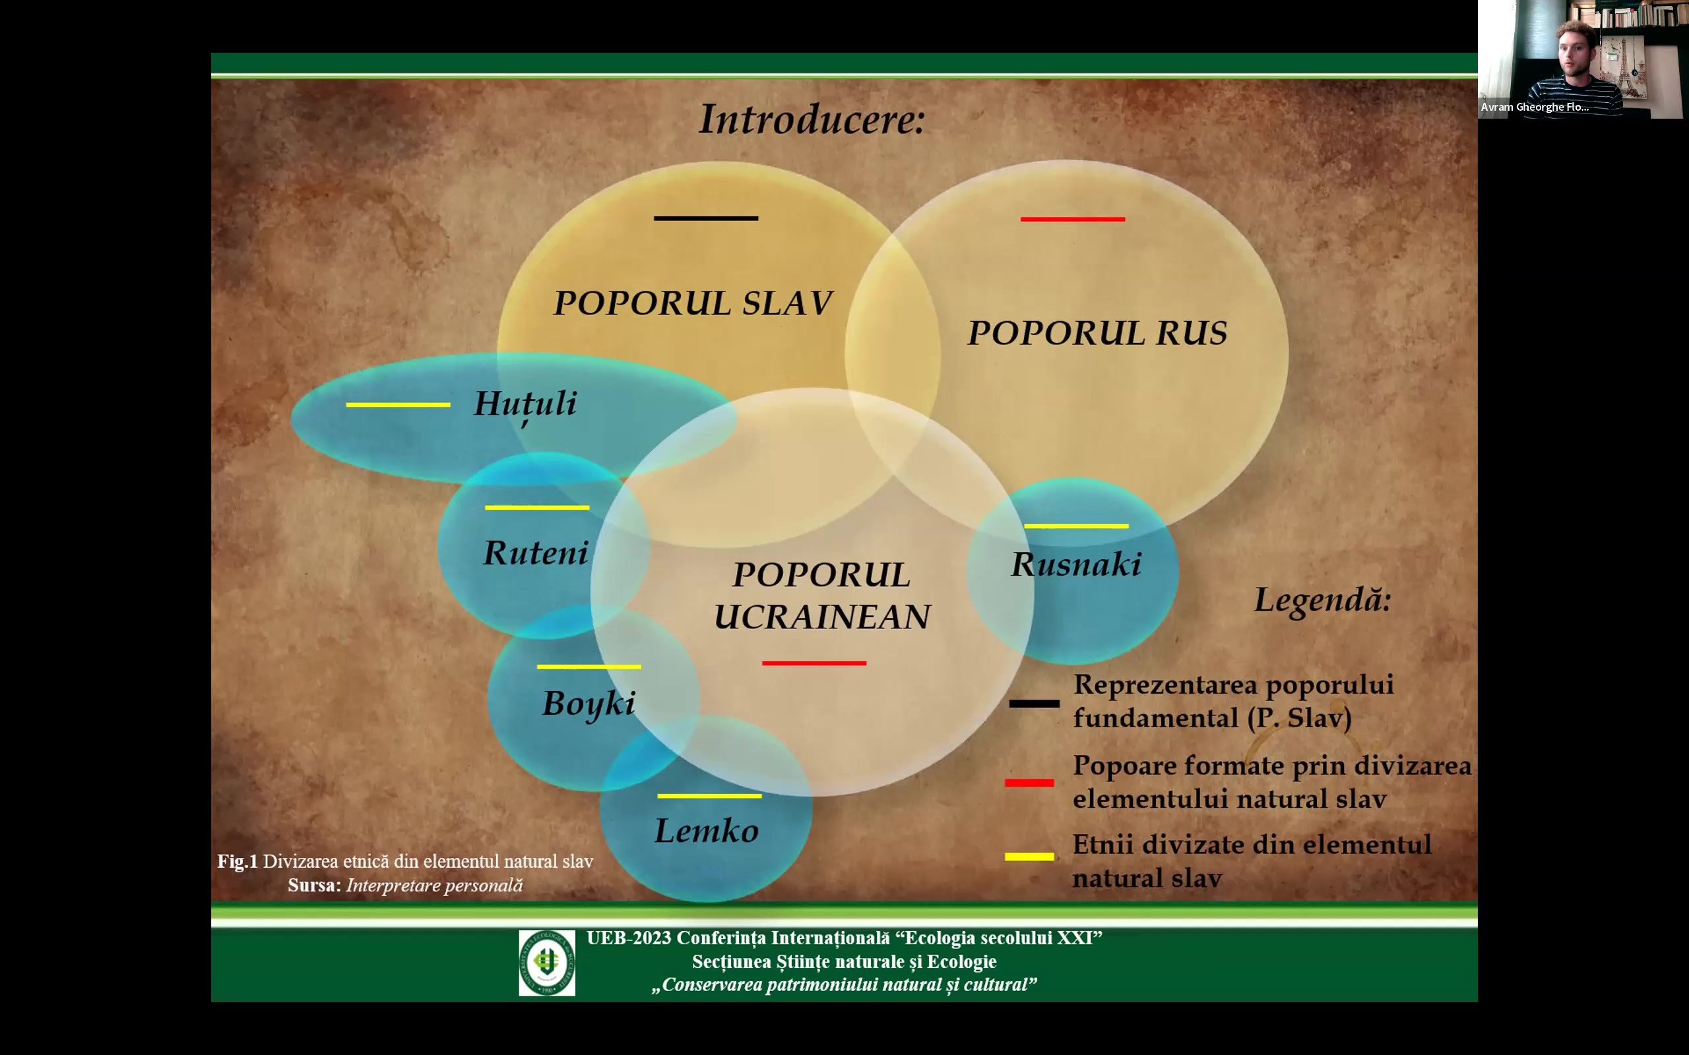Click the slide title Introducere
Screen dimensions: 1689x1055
pos(812,119)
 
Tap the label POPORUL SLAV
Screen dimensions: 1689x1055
pos(692,303)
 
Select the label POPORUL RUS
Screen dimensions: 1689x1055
pos(1097,333)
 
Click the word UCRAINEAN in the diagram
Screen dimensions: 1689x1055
pos(822,617)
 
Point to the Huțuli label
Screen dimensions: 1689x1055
pos(525,406)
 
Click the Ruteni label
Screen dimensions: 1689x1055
pos(535,553)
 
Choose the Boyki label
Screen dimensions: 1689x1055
pos(589,704)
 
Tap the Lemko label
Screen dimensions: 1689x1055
pos(707,830)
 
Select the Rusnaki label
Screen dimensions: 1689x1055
pos(1076,564)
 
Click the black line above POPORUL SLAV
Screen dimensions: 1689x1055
pos(705,218)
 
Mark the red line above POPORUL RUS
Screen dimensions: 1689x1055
pos(1073,219)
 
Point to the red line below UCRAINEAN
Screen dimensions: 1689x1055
pos(813,663)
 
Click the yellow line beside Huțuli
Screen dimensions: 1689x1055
pos(398,405)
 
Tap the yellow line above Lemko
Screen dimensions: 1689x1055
pos(709,795)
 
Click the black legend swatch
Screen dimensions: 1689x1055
pos(1034,704)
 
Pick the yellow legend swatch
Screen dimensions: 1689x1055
pos(1029,856)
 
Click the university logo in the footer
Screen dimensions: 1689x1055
pos(546,963)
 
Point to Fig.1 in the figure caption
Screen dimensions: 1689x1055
pos(238,862)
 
